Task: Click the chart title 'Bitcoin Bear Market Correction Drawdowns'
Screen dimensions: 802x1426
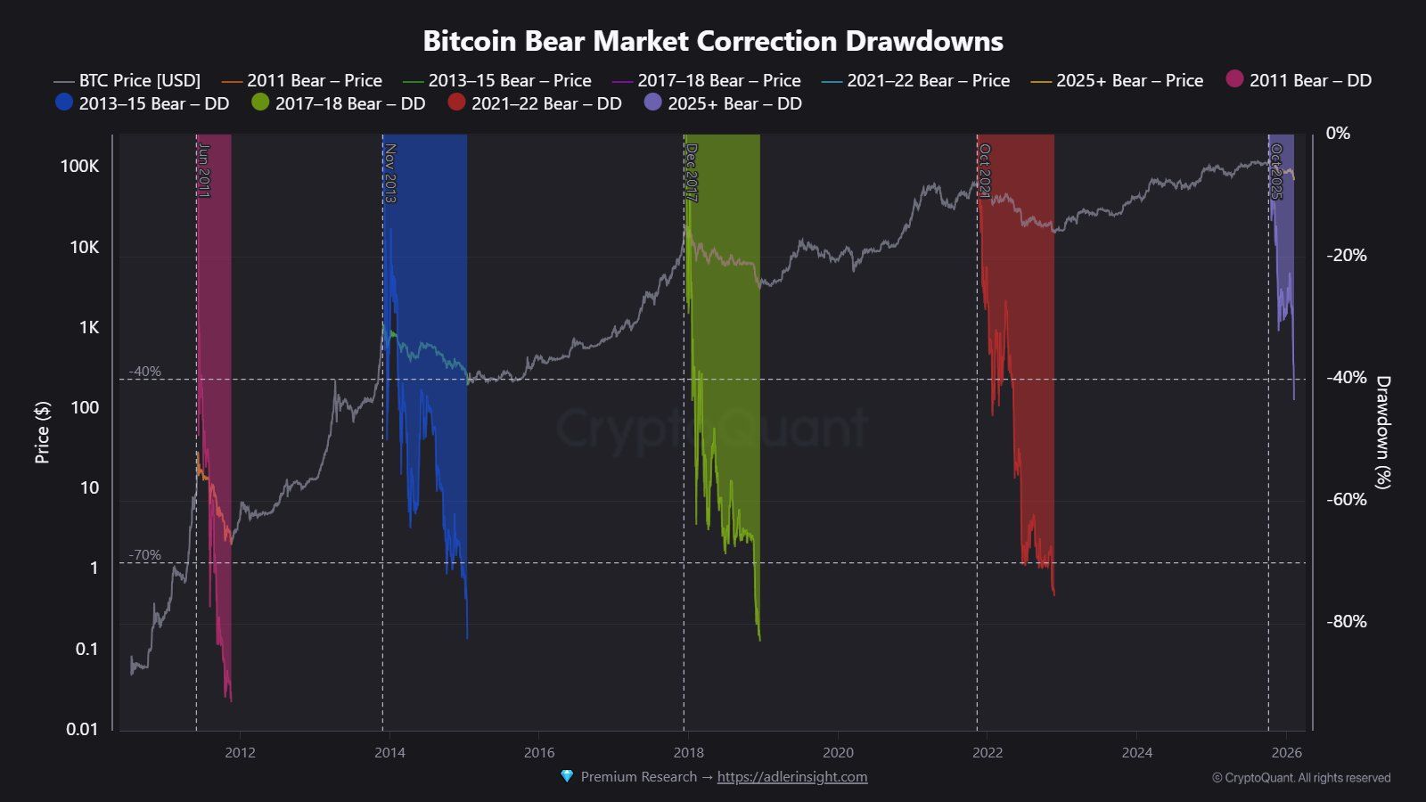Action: pos(712,41)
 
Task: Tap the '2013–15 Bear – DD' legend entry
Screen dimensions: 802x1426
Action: pos(143,103)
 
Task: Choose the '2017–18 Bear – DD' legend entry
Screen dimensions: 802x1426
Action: pos(339,103)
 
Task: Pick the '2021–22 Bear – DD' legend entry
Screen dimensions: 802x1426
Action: pos(535,103)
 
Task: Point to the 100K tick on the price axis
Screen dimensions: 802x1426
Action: pos(80,167)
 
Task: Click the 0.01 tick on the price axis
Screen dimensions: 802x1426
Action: pos(82,729)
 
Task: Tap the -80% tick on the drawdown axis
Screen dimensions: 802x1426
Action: pos(1346,621)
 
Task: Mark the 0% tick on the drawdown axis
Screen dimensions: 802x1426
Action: pos(1338,134)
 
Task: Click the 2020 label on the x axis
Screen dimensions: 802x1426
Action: pos(838,752)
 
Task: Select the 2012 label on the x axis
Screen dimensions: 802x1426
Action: pos(240,752)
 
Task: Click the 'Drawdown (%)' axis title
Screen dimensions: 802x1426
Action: pos(1382,432)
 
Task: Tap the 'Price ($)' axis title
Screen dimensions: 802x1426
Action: pos(42,432)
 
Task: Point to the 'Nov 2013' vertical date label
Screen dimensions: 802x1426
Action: pos(389,173)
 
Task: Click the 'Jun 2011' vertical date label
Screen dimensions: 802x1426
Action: pos(204,170)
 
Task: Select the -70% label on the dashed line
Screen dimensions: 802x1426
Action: pos(145,555)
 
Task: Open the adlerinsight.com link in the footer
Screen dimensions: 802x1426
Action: pos(792,777)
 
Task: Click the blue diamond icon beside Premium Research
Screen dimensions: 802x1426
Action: pos(567,776)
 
